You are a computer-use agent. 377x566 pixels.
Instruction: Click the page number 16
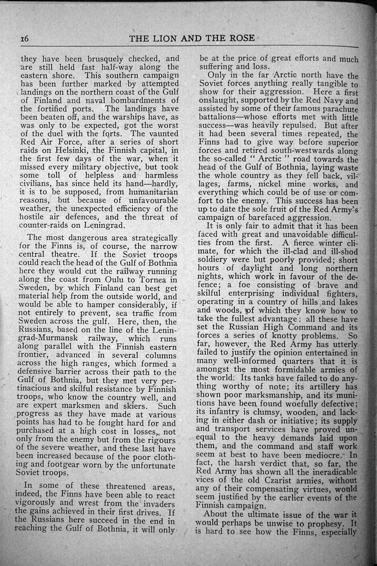[x=24, y=39]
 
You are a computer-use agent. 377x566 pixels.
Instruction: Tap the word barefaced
[x=267, y=218]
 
